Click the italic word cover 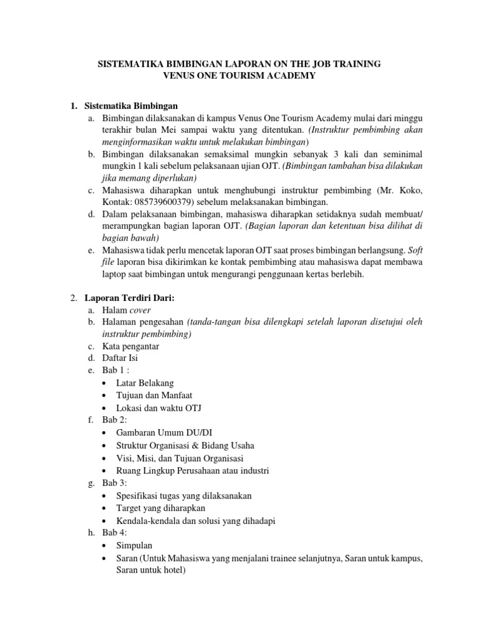pyautogui.click(x=140, y=310)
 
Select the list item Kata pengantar pyautogui.click(x=131, y=346)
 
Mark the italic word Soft pyautogui.click(x=413, y=250)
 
